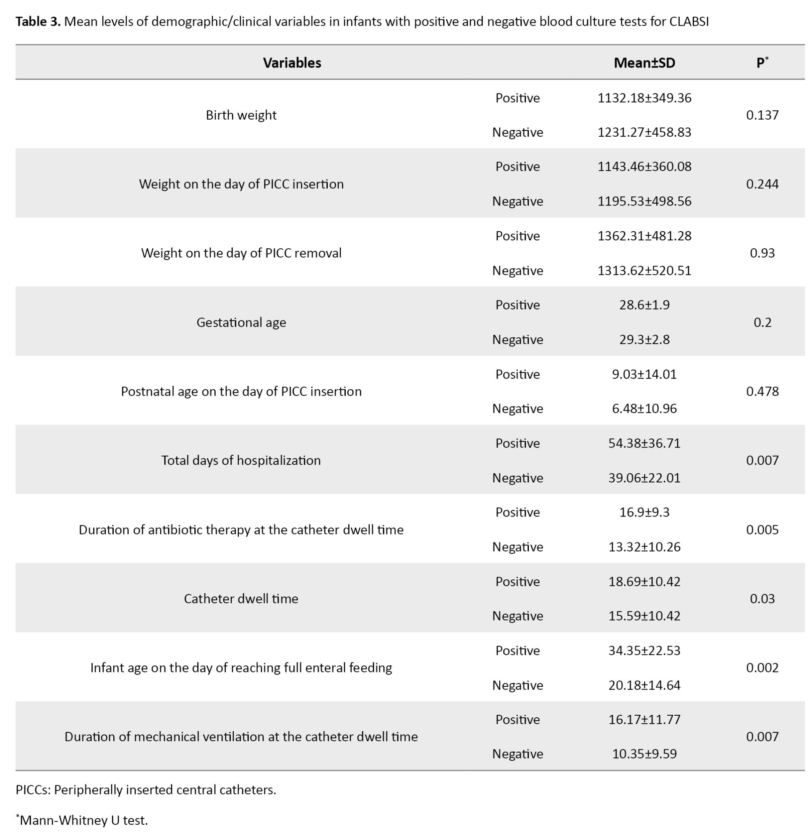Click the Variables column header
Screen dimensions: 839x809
tap(292, 63)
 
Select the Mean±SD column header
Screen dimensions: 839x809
tap(644, 63)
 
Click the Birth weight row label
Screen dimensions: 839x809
tap(241, 115)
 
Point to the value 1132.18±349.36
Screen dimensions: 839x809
tap(644, 98)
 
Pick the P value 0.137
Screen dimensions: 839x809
tap(762, 115)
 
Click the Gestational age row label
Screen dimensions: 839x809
tap(241, 322)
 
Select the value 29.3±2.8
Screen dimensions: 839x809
tap(644, 340)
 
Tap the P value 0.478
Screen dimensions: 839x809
tap(762, 391)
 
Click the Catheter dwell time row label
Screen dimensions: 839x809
tap(241, 599)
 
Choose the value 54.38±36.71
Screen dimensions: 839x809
tap(644, 443)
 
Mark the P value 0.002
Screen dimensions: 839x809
tap(762, 668)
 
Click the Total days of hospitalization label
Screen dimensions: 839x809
tap(241, 461)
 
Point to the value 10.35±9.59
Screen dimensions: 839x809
tap(644, 754)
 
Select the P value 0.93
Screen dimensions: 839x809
tap(762, 253)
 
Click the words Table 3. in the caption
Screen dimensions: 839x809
tap(38, 22)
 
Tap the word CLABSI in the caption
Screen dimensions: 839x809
tap(689, 22)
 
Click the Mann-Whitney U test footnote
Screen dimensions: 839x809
tap(84, 820)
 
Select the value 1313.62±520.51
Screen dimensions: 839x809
tap(644, 271)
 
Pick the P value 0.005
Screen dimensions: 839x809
tap(762, 530)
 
